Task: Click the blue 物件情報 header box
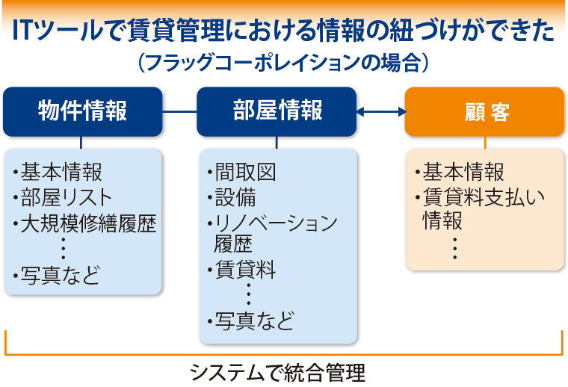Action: click(x=83, y=111)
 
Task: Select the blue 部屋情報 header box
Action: click(x=277, y=111)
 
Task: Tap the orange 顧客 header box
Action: click(x=484, y=111)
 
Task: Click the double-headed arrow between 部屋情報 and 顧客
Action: click(x=380, y=111)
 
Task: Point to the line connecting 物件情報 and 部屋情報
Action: click(x=179, y=111)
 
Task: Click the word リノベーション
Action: click(x=276, y=223)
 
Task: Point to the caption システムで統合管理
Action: click(x=277, y=373)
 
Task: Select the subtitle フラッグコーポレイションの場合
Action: click(x=283, y=63)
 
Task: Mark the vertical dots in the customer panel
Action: click(x=455, y=248)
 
